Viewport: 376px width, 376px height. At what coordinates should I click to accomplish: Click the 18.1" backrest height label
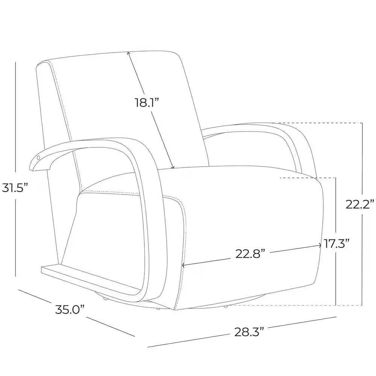pos(147,103)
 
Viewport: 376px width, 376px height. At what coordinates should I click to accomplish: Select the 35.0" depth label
pos(70,309)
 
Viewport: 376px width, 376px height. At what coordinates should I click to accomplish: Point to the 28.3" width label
pos(249,332)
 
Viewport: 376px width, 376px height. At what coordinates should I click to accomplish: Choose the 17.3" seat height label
pos(336,243)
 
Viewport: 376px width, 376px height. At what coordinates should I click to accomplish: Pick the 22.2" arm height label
pos(360,204)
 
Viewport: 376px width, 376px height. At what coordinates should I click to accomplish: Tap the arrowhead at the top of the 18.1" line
pos(129,54)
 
